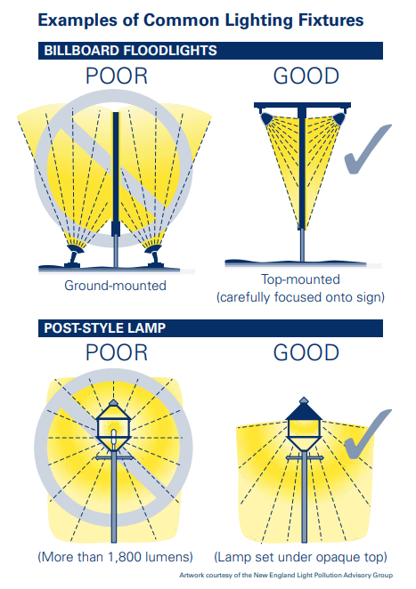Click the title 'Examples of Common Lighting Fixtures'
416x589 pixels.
tap(200, 20)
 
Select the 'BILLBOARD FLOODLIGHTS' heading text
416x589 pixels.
tap(131, 51)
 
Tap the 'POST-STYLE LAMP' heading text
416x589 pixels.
tap(105, 328)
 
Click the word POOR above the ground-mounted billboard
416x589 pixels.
tap(117, 76)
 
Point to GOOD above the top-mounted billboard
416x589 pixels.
tap(306, 76)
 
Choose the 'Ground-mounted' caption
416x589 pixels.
tap(115, 286)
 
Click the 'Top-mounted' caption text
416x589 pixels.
tap(300, 279)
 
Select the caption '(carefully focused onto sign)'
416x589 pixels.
tap(300, 297)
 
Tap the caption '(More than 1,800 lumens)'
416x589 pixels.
tap(116, 557)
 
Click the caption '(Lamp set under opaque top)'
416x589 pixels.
tap(300, 557)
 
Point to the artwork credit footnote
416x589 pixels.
tap(286, 575)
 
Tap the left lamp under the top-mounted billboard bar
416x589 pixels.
tap(266, 118)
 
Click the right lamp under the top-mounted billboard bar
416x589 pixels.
tap(339, 118)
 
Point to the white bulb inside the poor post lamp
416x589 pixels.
tap(114, 440)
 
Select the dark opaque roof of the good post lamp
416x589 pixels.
tap(304, 409)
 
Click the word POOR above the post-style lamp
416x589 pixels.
tap(117, 352)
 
